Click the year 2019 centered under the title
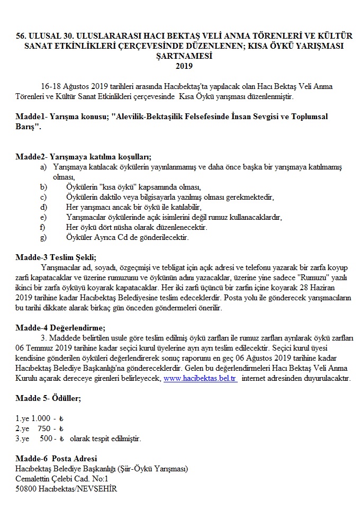(x=181, y=66)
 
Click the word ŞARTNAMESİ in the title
(x=181, y=56)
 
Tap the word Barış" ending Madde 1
(x=29, y=127)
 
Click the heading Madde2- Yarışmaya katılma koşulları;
(x=84, y=156)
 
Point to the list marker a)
(x=43, y=167)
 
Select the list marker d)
(x=43, y=207)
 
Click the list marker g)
(x=43, y=237)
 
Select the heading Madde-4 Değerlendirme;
(x=61, y=327)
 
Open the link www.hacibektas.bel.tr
(x=200, y=378)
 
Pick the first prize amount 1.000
(x=41, y=418)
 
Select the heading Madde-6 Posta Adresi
(x=57, y=458)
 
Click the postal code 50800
(x=26, y=488)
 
